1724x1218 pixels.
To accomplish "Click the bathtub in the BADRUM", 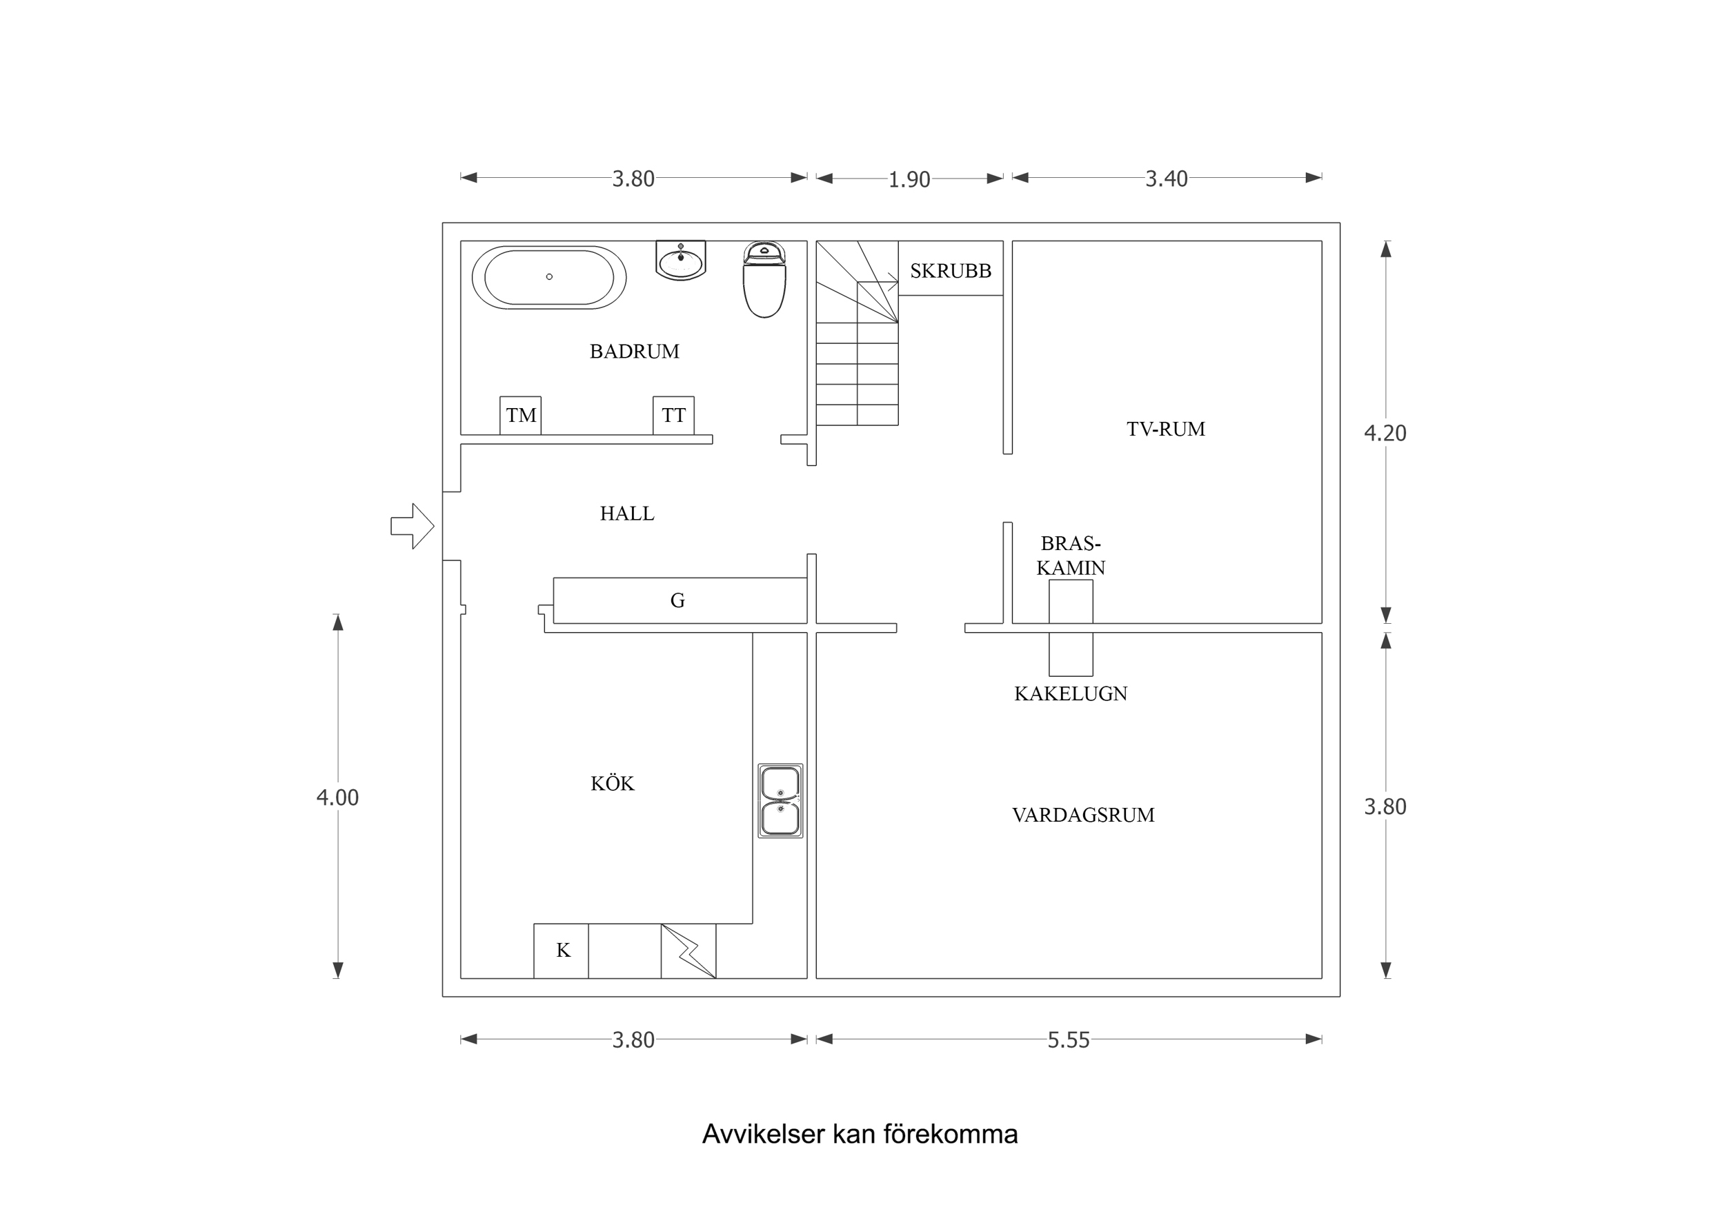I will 549,277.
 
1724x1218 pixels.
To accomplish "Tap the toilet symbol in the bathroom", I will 764,281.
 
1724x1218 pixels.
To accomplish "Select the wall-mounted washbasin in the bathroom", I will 680,261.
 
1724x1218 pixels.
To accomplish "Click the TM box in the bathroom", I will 520,415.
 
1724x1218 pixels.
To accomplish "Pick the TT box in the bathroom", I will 673,415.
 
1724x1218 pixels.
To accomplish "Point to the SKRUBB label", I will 951,271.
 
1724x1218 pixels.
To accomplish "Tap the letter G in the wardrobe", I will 677,600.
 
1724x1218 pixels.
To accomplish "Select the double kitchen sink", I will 780,801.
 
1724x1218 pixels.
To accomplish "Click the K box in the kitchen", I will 562,950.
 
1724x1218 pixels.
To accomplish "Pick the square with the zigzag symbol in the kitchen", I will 688,951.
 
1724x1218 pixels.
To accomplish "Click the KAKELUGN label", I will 1071,693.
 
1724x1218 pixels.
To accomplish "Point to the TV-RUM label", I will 1165,429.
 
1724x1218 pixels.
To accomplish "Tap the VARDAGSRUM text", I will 1082,815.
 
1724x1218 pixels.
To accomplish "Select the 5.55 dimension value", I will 1068,1040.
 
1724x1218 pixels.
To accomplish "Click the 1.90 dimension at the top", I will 909,180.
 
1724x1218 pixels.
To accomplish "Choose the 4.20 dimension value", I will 1385,433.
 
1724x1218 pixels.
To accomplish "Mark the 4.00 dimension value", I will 337,798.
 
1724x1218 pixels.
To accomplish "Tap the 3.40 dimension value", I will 1165,179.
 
